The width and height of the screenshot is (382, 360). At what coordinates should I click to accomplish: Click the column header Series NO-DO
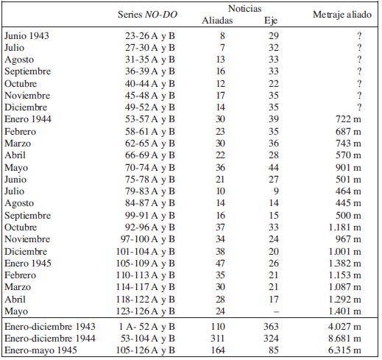click(x=147, y=15)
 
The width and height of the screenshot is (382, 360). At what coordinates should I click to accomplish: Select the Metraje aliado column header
click(x=342, y=15)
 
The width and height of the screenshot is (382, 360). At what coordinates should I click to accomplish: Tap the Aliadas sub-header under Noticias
click(x=217, y=20)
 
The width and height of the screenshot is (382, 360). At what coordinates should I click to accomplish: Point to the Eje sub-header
click(x=271, y=21)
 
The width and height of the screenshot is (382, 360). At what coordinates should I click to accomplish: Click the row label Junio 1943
click(x=26, y=36)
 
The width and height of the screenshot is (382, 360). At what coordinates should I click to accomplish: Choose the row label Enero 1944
click(x=28, y=119)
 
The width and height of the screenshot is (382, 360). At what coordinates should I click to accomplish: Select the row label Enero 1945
click(x=28, y=263)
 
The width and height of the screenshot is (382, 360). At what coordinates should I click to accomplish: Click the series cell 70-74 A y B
click(x=150, y=168)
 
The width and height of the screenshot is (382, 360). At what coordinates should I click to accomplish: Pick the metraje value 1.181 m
click(x=345, y=227)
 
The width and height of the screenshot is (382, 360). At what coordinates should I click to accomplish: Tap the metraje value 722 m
click(x=348, y=119)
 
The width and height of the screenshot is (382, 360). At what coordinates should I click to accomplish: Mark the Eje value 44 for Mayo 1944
click(x=274, y=168)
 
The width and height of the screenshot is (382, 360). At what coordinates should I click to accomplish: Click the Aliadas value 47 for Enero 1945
click(x=220, y=263)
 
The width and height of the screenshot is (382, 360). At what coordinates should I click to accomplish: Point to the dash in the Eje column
click(x=276, y=311)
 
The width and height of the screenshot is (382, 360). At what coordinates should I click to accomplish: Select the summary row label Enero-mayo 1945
click(x=40, y=350)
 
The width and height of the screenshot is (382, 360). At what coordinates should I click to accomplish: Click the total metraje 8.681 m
click(x=344, y=339)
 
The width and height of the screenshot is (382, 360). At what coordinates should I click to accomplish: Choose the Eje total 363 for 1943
click(x=271, y=327)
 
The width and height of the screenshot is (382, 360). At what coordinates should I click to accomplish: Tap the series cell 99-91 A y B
click(x=150, y=216)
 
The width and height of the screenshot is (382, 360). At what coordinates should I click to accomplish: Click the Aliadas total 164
click(x=218, y=350)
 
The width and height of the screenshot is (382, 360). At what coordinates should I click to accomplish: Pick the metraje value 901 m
click(x=348, y=168)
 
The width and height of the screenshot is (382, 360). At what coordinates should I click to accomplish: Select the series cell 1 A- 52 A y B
click(x=146, y=327)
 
